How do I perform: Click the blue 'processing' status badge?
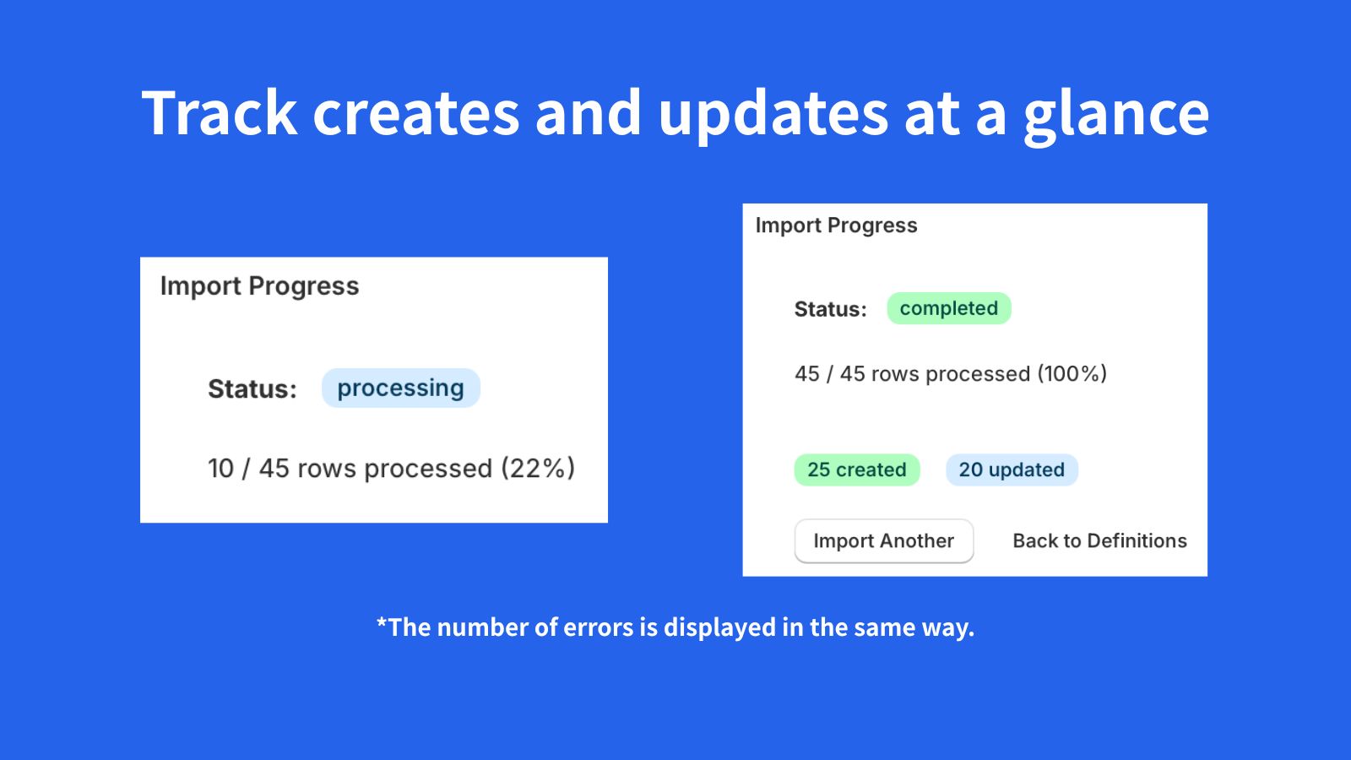coord(400,388)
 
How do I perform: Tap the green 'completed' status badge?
coord(948,308)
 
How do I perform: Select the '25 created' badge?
coord(856,470)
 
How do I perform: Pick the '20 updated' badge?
coord(1011,470)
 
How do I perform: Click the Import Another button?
coord(883,540)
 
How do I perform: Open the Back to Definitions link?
coord(1099,540)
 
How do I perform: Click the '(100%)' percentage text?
coord(1072,373)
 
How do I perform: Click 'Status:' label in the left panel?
coord(252,388)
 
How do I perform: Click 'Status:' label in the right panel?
coord(830,309)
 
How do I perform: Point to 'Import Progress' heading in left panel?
coord(259,286)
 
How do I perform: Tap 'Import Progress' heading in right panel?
coord(836,225)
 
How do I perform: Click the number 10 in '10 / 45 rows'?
coord(220,468)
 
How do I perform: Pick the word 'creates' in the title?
coord(415,113)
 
